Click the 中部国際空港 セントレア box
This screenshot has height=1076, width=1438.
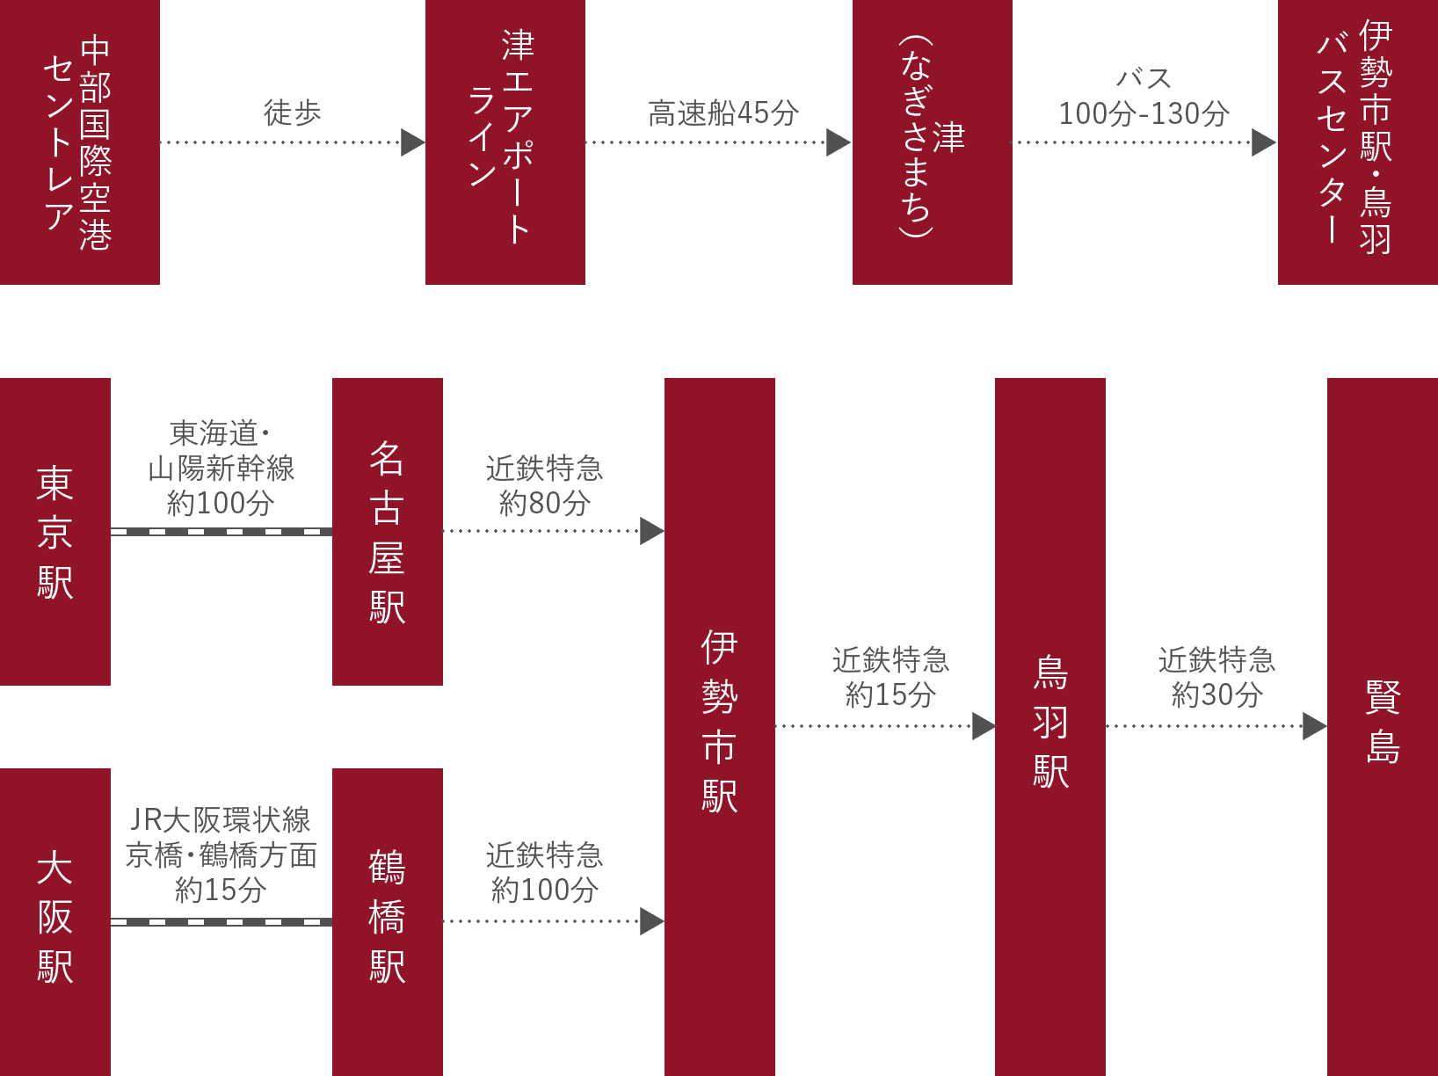tap(79, 142)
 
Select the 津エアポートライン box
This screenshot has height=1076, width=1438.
tap(505, 142)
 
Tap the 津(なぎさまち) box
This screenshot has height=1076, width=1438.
tap(932, 142)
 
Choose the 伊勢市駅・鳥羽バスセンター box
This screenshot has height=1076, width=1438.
tap(1357, 142)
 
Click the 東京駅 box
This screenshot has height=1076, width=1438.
tap(54, 532)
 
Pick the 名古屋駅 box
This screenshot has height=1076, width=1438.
tap(387, 532)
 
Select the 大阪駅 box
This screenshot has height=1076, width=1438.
tap(54, 921)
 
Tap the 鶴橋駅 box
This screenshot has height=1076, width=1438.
tap(387, 921)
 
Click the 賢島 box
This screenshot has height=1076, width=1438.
tap(1382, 726)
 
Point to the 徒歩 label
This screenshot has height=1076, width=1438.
tap(292, 113)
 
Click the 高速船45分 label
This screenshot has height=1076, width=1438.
tap(723, 113)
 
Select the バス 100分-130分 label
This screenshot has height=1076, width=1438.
tap(1144, 97)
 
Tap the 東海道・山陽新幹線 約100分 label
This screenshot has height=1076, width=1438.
tap(221, 468)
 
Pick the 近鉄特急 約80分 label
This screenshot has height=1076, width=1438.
tap(544, 485)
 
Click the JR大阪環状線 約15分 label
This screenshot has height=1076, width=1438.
tap(221, 854)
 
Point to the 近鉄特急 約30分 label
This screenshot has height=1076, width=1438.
tap(1216, 678)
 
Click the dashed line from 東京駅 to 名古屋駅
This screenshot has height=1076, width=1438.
tap(221, 532)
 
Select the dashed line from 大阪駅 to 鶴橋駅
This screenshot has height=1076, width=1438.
tap(221, 922)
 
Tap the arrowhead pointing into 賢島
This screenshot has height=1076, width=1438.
tap(1314, 726)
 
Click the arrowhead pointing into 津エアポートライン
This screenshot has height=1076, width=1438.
tap(412, 142)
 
